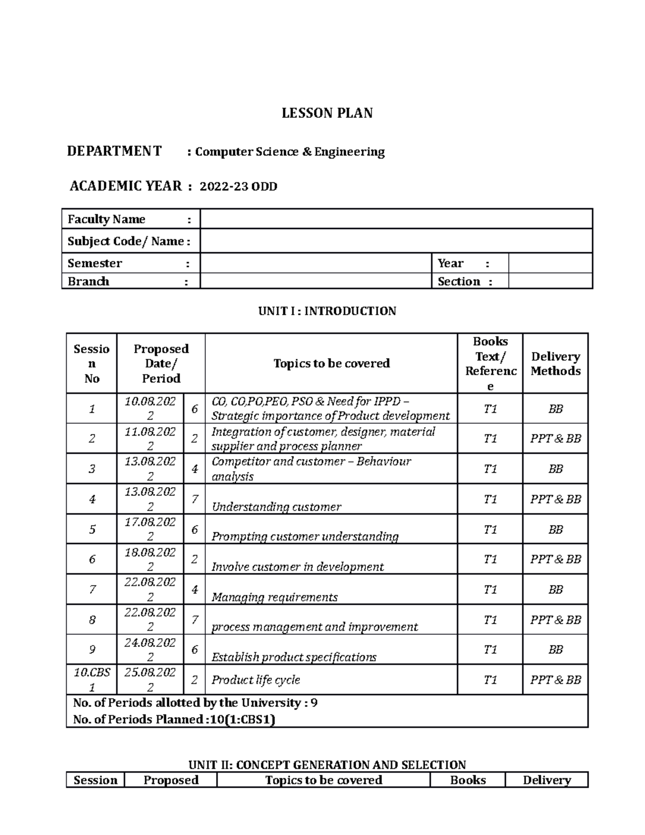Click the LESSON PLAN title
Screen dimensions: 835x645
point(327,113)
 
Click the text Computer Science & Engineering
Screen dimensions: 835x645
point(290,152)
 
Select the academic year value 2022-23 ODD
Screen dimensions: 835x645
point(238,187)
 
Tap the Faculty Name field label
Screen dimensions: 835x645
point(106,219)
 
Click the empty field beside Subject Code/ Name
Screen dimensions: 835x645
point(396,241)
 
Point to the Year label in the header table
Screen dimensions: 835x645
point(450,263)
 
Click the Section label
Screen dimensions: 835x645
point(458,281)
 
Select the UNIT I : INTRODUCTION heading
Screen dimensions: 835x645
point(327,311)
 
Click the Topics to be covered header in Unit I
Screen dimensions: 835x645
point(331,363)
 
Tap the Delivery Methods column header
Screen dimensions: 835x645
point(555,363)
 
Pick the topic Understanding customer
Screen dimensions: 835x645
point(276,506)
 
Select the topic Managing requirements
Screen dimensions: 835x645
point(274,597)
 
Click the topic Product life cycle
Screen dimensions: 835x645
point(255,680)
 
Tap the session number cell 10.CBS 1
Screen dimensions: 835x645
point(92,680)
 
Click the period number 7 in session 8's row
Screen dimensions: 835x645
point(195,620)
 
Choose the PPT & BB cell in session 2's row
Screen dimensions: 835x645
point(555,439)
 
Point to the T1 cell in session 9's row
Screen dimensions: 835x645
point(490,650)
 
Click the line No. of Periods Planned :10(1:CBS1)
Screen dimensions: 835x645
point(174,719)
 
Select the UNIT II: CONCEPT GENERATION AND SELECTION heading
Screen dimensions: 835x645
point(327,765)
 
